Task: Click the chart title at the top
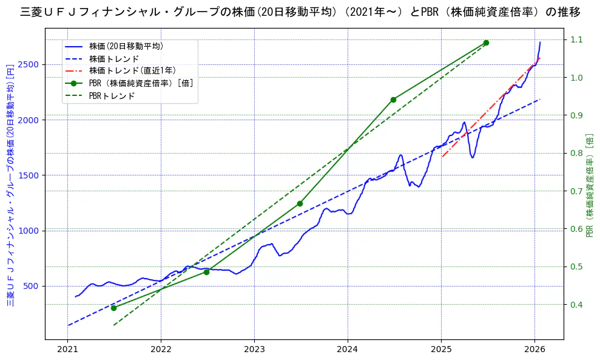tap(300, 12)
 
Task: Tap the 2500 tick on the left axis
tap(29, 64)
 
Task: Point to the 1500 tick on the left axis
tap(29, 175)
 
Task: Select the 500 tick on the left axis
tap(32, 286)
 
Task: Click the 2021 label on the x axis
tap(67, 351)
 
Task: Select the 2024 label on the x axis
tap(348, 351)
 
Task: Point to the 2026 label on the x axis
tap(534, 351)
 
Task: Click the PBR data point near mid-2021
tap(113, 308)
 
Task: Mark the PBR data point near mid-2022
tap(206, 272)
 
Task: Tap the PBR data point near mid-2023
tap(300, 203)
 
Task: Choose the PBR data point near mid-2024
tap(393, 100)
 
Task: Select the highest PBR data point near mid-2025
tap(486, 42)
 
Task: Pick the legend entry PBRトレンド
tap(112, 96)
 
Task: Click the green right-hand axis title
tap(590, 185)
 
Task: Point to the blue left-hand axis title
tap(10, 185)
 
